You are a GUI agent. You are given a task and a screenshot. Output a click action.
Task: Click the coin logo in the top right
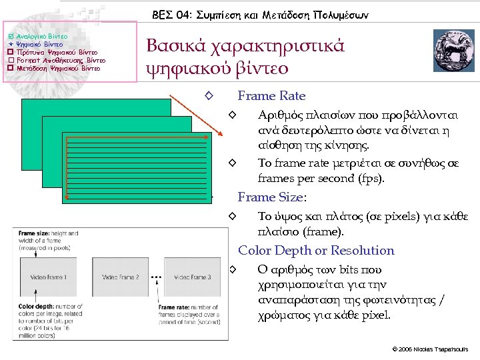point(451,51)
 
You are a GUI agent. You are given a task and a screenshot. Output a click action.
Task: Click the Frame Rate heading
point(271,96)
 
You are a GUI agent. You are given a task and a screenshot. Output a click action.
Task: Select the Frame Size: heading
point(272,197)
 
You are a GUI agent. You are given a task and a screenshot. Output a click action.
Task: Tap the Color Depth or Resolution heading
point(316,251)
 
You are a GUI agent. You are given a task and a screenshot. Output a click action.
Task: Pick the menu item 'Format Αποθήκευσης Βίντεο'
point(60,59)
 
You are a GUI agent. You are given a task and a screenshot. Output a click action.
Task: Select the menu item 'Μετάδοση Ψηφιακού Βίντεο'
point(58,67)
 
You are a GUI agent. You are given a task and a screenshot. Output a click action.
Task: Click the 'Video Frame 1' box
point(48,277)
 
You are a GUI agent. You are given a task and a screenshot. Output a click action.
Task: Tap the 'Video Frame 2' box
point(120,277)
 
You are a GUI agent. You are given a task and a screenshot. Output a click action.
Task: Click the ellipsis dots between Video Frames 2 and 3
point(155,275)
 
